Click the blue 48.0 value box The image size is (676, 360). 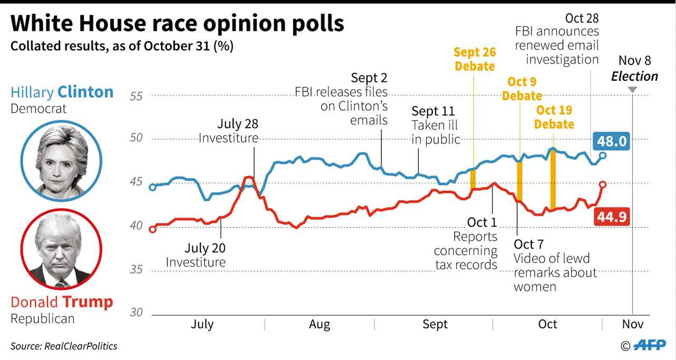coord(612,141)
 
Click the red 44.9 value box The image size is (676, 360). coord(612,215)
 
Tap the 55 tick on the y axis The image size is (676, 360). coord(136,96)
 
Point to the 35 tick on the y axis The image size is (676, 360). coord(136,270)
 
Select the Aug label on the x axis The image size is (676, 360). coord(319,324)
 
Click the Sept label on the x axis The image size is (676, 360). coord(435,324)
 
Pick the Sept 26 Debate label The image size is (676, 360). coord(474,59)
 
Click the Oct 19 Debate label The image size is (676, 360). coord(554,117)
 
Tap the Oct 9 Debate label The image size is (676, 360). coord(521,89)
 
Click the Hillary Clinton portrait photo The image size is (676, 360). coord(61,160)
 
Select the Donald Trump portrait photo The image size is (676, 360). coord(61,251)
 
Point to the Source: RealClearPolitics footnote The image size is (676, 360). coord(64,346)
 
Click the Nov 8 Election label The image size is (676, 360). coord(634,69)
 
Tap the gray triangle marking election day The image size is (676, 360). coord(632,89)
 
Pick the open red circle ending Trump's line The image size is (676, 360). coord(603,184)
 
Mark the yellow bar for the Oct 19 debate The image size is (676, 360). coord(553,179)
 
